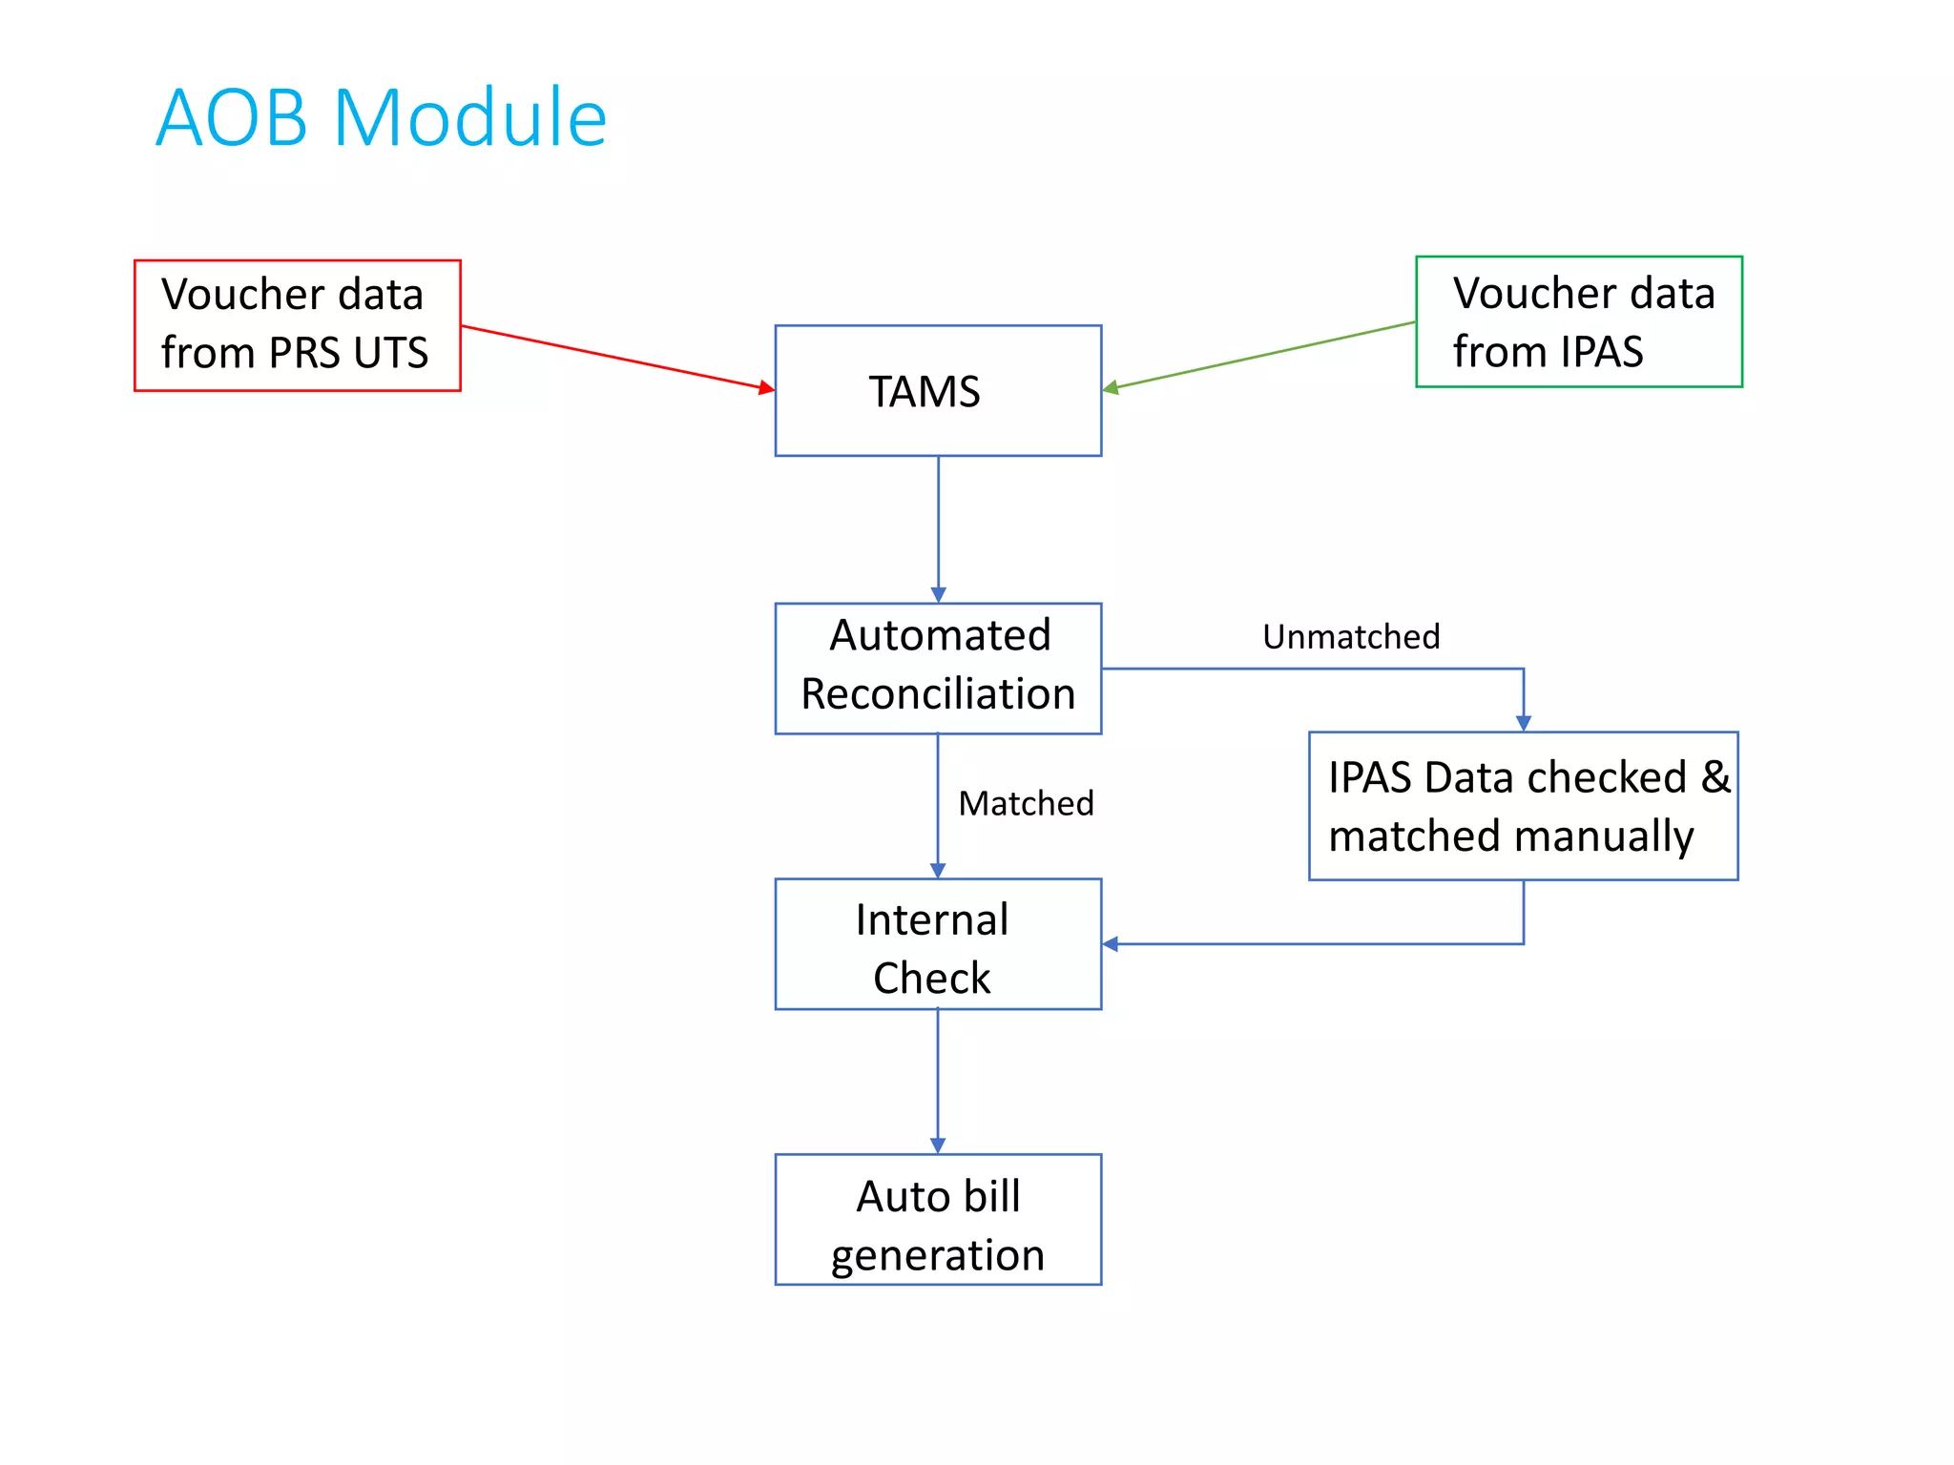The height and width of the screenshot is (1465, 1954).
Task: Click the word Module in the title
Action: [470, 118]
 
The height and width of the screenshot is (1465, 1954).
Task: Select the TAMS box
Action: [938, 391]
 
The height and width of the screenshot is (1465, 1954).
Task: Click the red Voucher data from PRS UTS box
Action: [297, 325]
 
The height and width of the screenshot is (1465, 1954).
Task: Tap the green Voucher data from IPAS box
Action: [1579, 321]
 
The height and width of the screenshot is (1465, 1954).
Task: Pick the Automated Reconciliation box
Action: [938, 668]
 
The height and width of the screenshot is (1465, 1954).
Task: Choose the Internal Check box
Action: [938, 944]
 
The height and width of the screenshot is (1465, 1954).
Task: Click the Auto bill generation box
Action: [938, 1220]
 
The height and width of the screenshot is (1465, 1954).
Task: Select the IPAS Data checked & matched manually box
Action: [1523, 806]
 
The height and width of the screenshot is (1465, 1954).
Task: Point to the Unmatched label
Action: [1351, 637]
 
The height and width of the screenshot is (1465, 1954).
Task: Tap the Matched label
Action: [1026, 804]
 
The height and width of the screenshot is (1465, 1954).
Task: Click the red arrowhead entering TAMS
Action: [766, 387]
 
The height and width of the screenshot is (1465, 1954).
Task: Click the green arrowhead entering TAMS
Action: [1111, 387]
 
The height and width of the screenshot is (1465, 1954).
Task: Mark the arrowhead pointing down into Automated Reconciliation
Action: [938, 594]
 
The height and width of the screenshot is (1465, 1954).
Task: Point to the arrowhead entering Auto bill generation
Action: [938, 1145]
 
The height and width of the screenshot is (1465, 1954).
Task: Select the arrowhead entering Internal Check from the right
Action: [1111, 944]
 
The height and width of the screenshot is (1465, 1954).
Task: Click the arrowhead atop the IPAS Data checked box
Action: [1523, 723]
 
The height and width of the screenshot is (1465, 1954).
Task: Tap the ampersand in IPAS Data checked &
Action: [1715, 776]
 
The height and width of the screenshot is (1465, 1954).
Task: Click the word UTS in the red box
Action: [391, 354]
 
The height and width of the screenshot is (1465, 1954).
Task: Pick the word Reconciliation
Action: [938, 694]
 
